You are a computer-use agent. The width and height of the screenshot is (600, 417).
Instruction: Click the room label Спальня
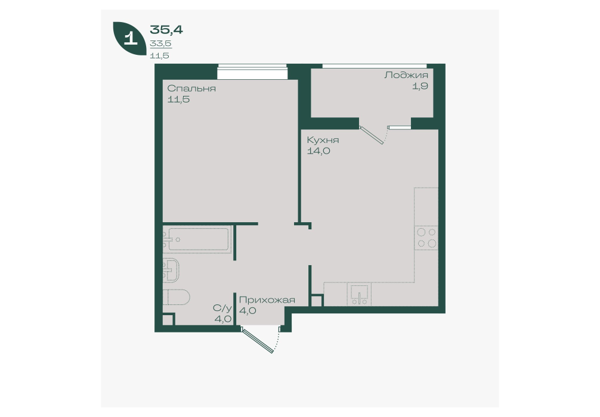pos(191,89)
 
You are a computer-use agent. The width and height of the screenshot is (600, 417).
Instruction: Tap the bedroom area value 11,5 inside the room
pos(178,99)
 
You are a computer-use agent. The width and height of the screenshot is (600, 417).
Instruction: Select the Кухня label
pos(323,140)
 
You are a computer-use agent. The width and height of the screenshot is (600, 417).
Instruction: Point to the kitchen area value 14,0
pos(318,151)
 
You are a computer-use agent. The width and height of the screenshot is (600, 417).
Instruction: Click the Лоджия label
pos(406,75)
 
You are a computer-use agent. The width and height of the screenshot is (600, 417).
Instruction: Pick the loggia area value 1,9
pos(420,86)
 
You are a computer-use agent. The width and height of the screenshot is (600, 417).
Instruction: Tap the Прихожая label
pos(267,300)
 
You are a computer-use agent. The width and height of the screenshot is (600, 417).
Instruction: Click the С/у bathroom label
pos(222,308)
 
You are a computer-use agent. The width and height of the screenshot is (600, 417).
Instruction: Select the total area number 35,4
pos(166,29)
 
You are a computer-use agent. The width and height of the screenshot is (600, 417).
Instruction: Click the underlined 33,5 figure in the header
pos(160,43)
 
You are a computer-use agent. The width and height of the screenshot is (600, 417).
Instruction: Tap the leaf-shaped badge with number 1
pos(129,38)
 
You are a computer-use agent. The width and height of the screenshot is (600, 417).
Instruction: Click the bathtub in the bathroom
pos(197,239)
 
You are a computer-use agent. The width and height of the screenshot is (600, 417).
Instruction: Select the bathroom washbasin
pos(171,270)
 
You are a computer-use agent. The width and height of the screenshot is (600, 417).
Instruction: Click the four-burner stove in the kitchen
pos(426,237)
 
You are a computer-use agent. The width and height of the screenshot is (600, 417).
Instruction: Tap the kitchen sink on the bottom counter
pos(359,295)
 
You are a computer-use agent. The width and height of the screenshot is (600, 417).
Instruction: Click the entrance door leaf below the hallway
pos(258,340)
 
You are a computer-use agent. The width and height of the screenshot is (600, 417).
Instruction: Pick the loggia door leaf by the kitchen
pos(372,136)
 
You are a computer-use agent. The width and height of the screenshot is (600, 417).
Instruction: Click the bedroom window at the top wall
pos(252,72)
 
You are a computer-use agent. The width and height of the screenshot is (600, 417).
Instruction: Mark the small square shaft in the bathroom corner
pos(168,319)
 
